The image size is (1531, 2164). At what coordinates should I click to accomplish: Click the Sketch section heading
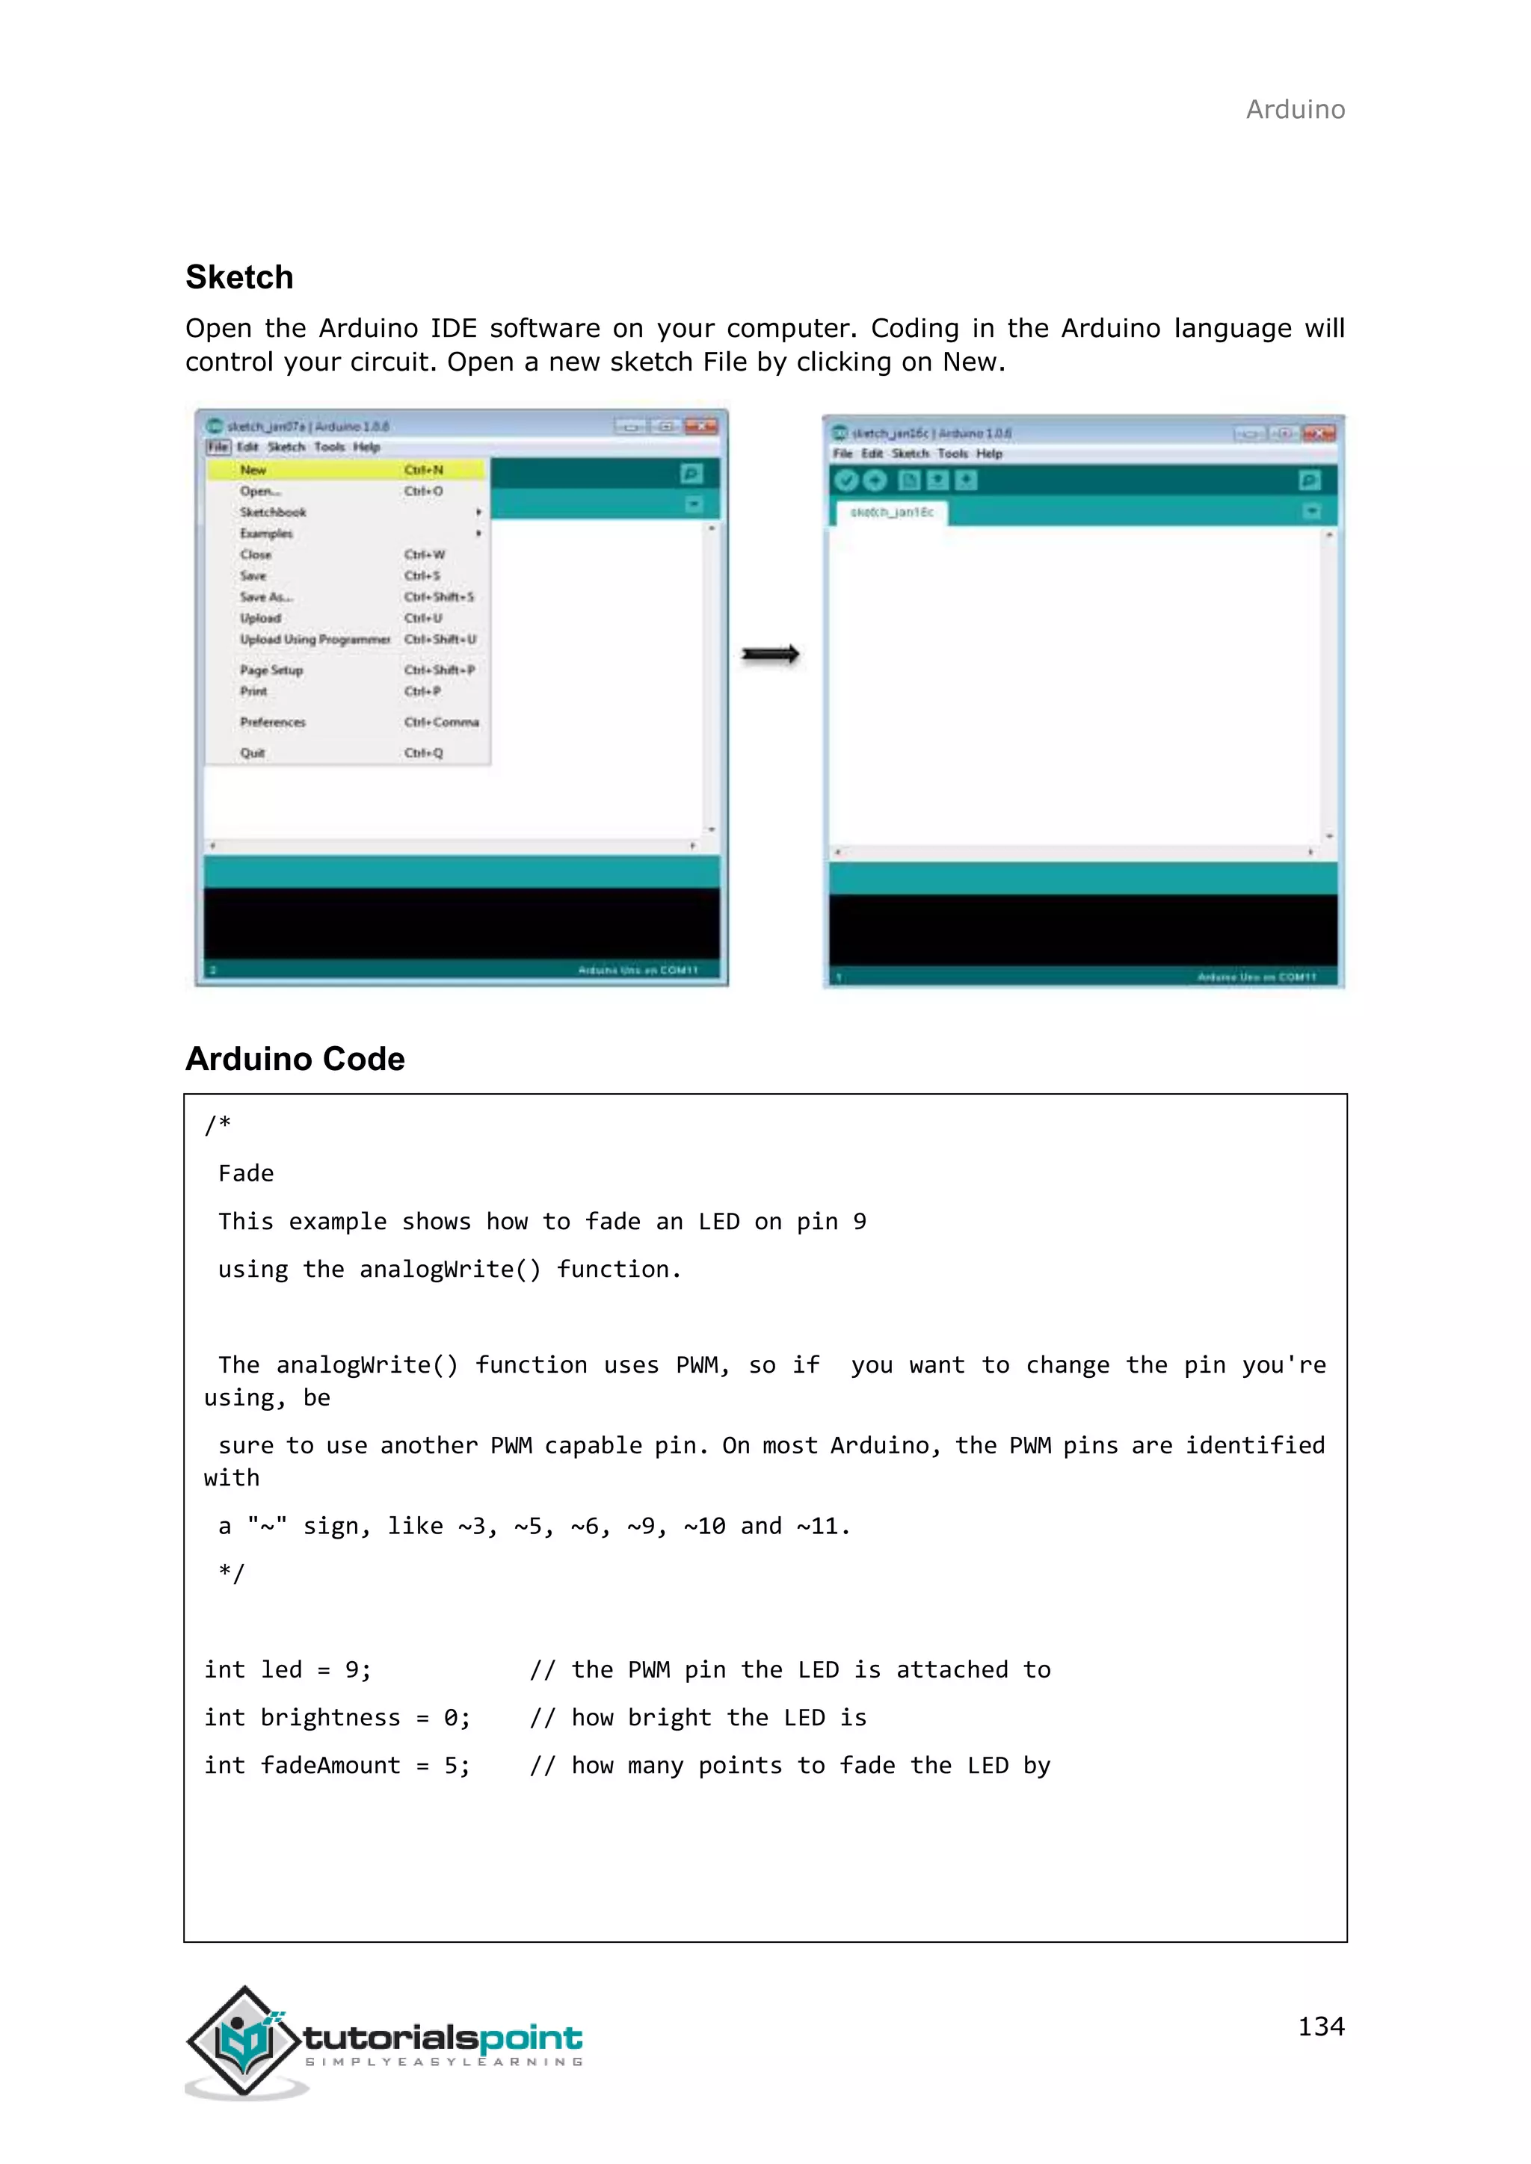click(x=239, y=277)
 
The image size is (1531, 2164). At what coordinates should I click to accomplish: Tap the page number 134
click(x=1321, y=2026)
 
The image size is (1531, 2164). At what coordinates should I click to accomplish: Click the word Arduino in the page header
click(x=1296, y=109)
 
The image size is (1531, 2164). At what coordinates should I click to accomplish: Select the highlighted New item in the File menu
click(x=253, y=469)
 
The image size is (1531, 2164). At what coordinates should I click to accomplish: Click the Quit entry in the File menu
click(x=253, y=753)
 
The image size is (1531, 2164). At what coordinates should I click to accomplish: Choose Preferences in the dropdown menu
click(x=272, y=722)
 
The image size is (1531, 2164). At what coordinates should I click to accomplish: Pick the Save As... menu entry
click(x=266, y=596)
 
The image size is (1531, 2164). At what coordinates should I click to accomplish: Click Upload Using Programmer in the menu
click(x=314, y=639)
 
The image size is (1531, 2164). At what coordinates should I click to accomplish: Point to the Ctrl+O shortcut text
click(x=423, y=491)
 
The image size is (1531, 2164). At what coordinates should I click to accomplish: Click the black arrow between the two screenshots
click(x=770, y=654)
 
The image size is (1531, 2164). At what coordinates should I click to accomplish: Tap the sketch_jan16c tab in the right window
click(x=891, y=512)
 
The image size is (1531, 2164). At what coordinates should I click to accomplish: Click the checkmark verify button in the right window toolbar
click(x=845, y=480)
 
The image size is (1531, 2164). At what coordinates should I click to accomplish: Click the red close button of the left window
click(x=700, y=426)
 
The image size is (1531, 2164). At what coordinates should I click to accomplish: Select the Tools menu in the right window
click(x=952, y=454)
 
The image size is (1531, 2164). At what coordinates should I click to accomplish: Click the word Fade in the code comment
click(x=246, y=1173)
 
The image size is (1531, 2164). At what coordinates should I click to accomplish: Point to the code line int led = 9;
click(x=288, y=1669)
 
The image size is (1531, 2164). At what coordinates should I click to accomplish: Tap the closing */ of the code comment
click(x=232, y=1573)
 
